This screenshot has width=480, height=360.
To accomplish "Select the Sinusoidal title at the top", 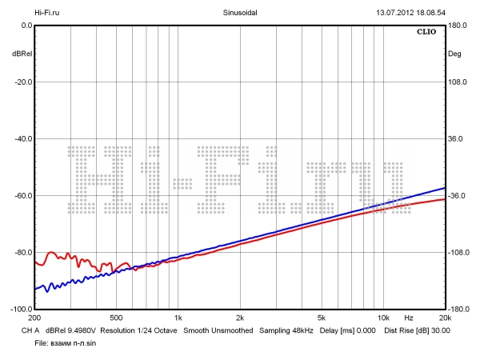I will pos(239,13).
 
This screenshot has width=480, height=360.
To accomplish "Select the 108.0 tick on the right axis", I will pos(457,82).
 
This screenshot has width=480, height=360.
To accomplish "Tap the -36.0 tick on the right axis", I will pos(457,196).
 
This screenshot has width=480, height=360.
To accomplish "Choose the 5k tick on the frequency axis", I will pos(322,318).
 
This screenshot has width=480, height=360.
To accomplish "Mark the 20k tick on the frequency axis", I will pos(444,318).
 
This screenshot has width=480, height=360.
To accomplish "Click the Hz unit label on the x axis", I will pos(408,318).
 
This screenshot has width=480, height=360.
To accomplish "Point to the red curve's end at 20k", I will pos(444,199).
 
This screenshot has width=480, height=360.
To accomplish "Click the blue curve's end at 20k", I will pos(444,188).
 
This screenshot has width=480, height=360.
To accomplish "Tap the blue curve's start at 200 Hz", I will pos(35,289).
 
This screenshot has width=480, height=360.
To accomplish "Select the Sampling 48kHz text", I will pos(285,330).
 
